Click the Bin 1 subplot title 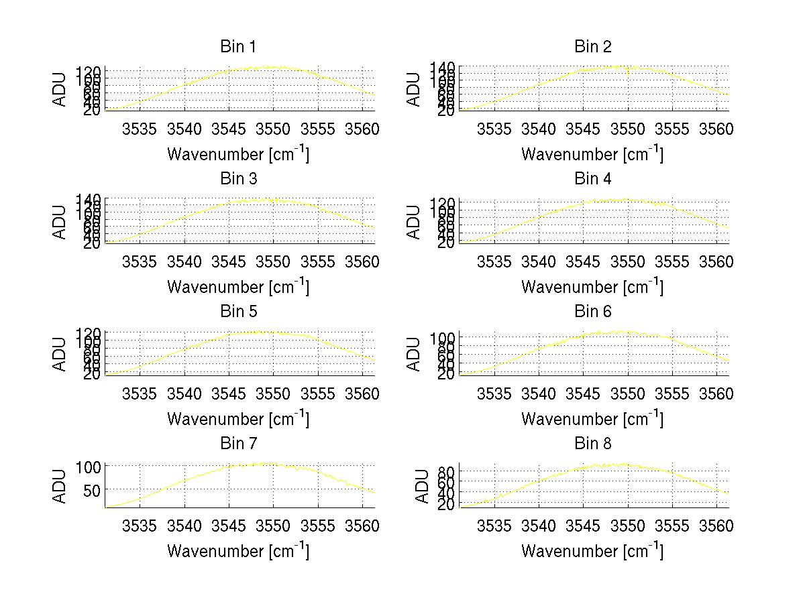tap(238, 47)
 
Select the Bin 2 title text tap(593, 47)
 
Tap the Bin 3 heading tap(238, 179)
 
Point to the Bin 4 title tap(593, 179)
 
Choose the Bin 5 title tap(238, 312)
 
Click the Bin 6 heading tap(593, 312)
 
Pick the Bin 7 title tap(238, 444)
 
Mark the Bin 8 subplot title tap(593, 444)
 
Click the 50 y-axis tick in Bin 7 tap(92, 490)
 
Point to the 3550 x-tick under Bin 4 tap(628, 261)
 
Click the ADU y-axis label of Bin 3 tap(60, 222)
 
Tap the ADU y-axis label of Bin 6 tap(415, 354)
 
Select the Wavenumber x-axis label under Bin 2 tap(592, 154)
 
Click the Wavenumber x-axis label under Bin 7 tap(238, 551)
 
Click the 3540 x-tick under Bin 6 tap(539, 394)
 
